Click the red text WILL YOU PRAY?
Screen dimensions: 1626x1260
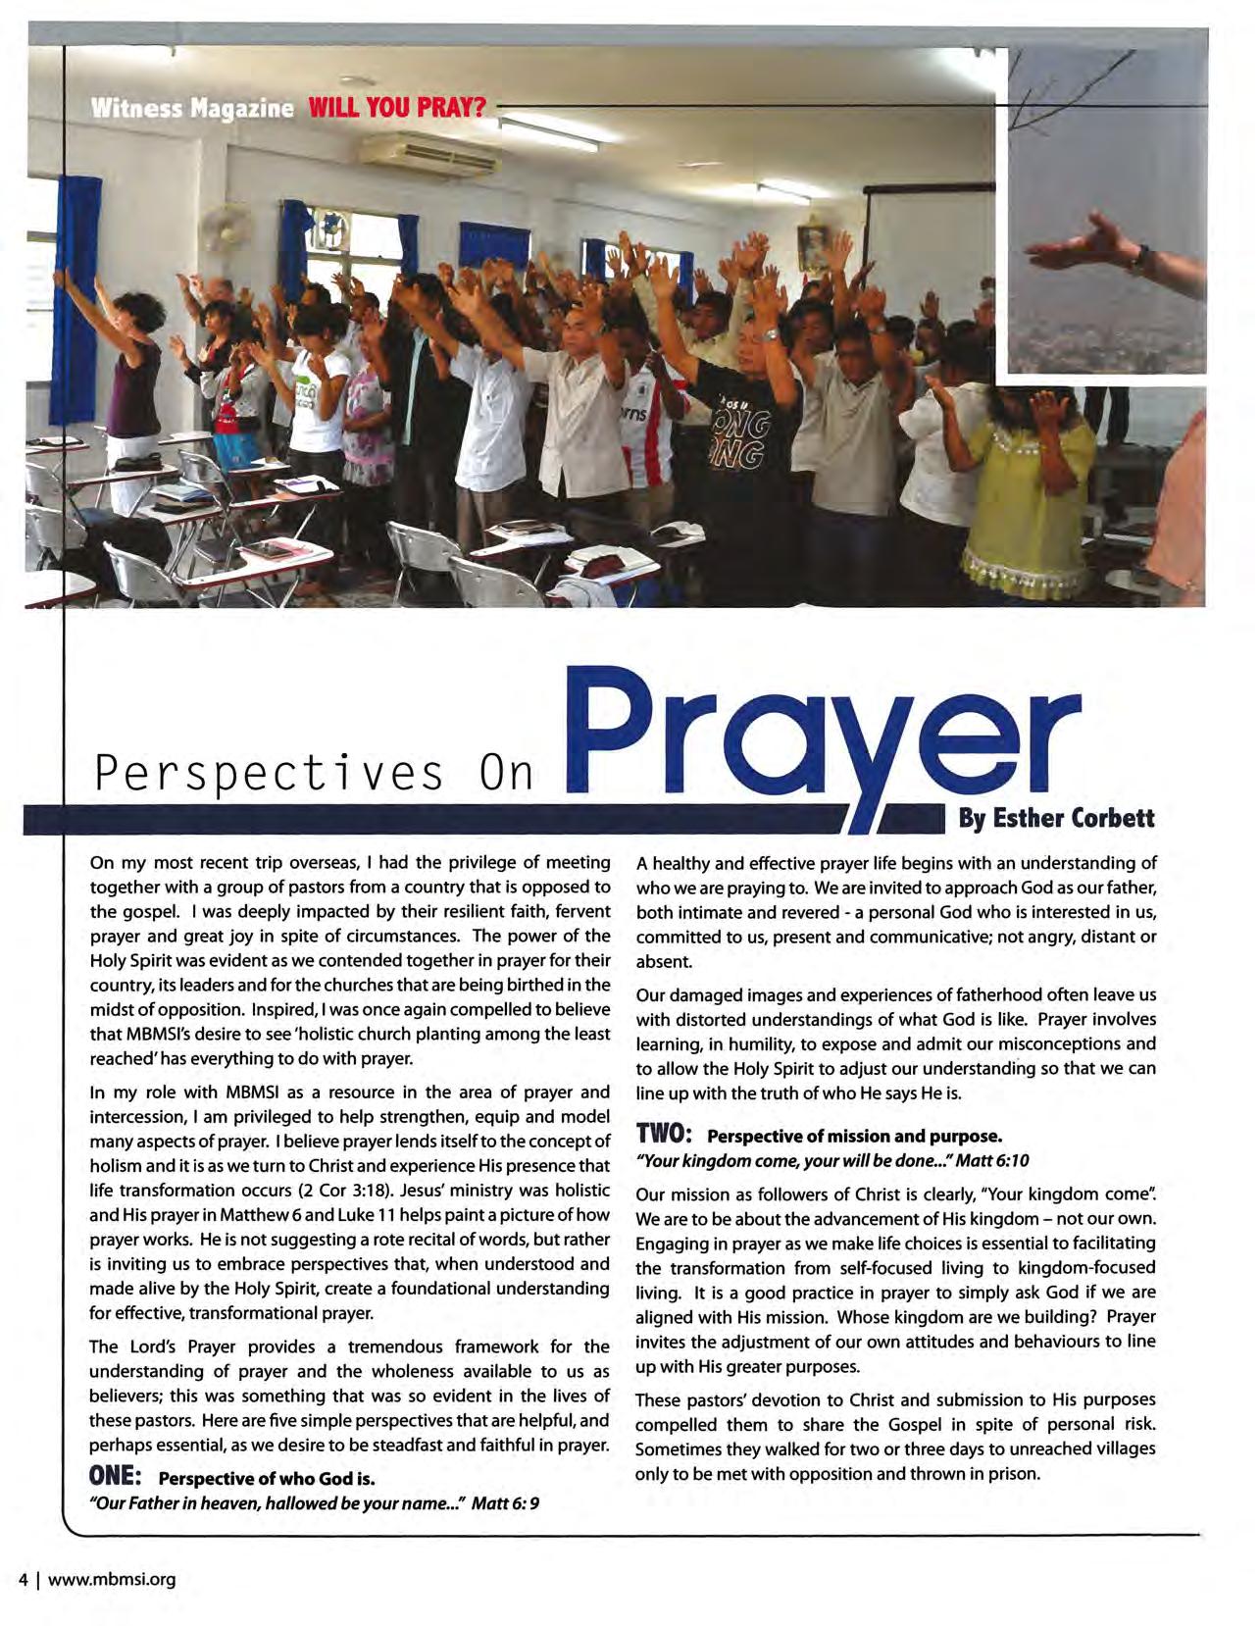397,107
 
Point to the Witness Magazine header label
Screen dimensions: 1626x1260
192,107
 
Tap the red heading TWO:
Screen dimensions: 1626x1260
664,1135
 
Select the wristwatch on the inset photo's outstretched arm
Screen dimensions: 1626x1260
1140,258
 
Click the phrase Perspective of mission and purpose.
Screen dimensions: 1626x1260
854,1137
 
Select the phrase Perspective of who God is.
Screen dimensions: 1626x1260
267,1478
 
